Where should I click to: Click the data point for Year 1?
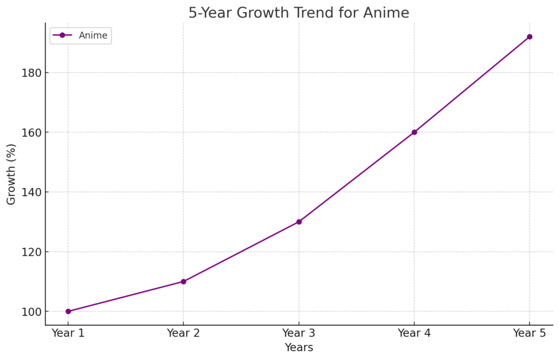coord(68,311)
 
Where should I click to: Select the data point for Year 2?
coord(183,281)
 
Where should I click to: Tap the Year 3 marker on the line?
coord(299,221)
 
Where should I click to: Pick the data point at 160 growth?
coord(414,132)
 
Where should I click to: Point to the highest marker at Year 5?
coord(530,37)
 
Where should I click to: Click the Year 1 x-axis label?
coord(68,333)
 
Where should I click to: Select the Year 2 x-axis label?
coord(183,333)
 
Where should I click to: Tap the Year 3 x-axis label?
coord(299,333)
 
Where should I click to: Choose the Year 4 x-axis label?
coord(414,333)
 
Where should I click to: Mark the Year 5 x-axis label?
coord(530,333)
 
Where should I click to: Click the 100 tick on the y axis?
coord(31,311)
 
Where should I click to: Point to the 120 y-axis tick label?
coord(31,252)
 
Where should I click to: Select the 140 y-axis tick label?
coord(31,192)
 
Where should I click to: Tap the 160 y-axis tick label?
coord(31,133)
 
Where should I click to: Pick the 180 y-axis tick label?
coord(31,73)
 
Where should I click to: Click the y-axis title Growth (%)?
coord(11,174)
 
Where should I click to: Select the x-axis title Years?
coord(299,347)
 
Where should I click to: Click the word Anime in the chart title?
coord(386,13)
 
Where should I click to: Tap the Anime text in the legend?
coord(93,35)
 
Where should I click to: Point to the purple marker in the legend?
coord(62,35)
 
